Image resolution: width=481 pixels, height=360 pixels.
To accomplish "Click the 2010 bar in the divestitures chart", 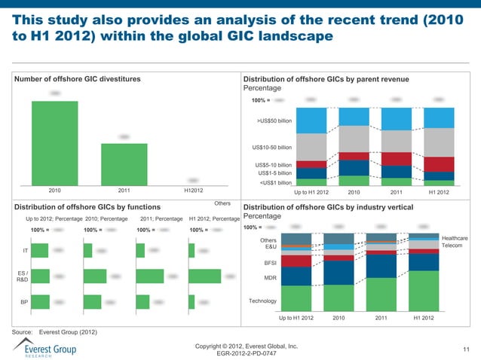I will [54, 142].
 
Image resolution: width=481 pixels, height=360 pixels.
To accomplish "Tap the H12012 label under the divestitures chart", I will [193, 191].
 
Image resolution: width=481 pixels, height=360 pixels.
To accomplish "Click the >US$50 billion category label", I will [274, 121].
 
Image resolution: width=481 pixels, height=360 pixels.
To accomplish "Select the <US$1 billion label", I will [275, 182].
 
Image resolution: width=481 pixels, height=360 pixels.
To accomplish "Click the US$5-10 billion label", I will [273, 165].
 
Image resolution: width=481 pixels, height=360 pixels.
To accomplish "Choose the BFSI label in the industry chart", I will [270, 264].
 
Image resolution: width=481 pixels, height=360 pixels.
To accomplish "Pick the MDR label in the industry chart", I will [270, 278].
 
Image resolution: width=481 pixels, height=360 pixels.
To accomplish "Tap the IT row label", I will [26, 250].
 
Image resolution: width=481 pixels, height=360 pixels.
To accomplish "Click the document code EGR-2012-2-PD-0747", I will [246, 352].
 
